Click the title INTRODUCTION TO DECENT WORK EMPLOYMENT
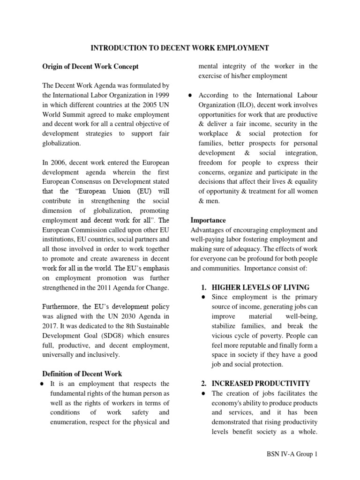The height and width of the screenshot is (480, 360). point(180,48)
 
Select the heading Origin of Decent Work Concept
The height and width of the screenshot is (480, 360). point(90,67)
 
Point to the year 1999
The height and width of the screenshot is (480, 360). point(160,95)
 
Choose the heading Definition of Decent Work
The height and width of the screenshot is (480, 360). point(82,374)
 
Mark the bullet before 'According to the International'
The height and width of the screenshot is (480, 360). point(193,95)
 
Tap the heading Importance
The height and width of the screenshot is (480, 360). point(208,220)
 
